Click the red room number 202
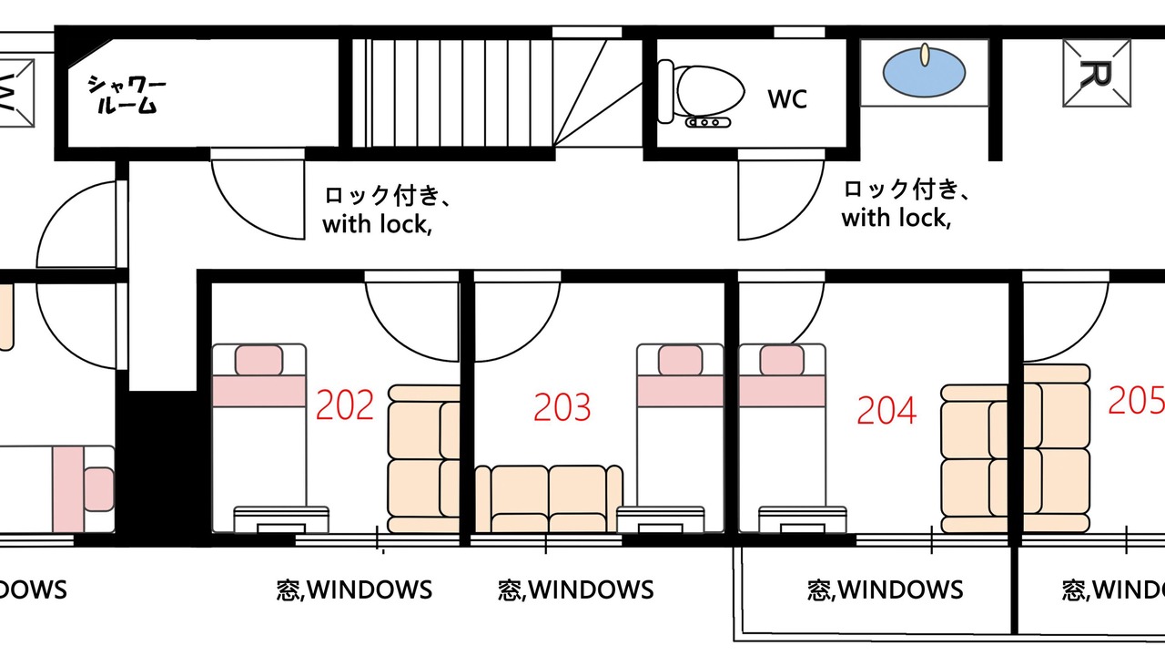coord(345,405)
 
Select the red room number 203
coord(562,406)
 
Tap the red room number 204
coord(886,410)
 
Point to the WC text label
coord(787,99)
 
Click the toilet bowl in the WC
coord(710,91)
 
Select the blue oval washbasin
coord(924,72)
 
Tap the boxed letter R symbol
coord(1097,74)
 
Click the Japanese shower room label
coord(127,94)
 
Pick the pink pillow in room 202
coord(259,360)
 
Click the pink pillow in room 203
coord(680,360)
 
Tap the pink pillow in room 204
coord(782,360)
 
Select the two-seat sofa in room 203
coord(549,498)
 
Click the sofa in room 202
coord(424,458)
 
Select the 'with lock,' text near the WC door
coord(897,218)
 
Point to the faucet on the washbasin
coord(925,56)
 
